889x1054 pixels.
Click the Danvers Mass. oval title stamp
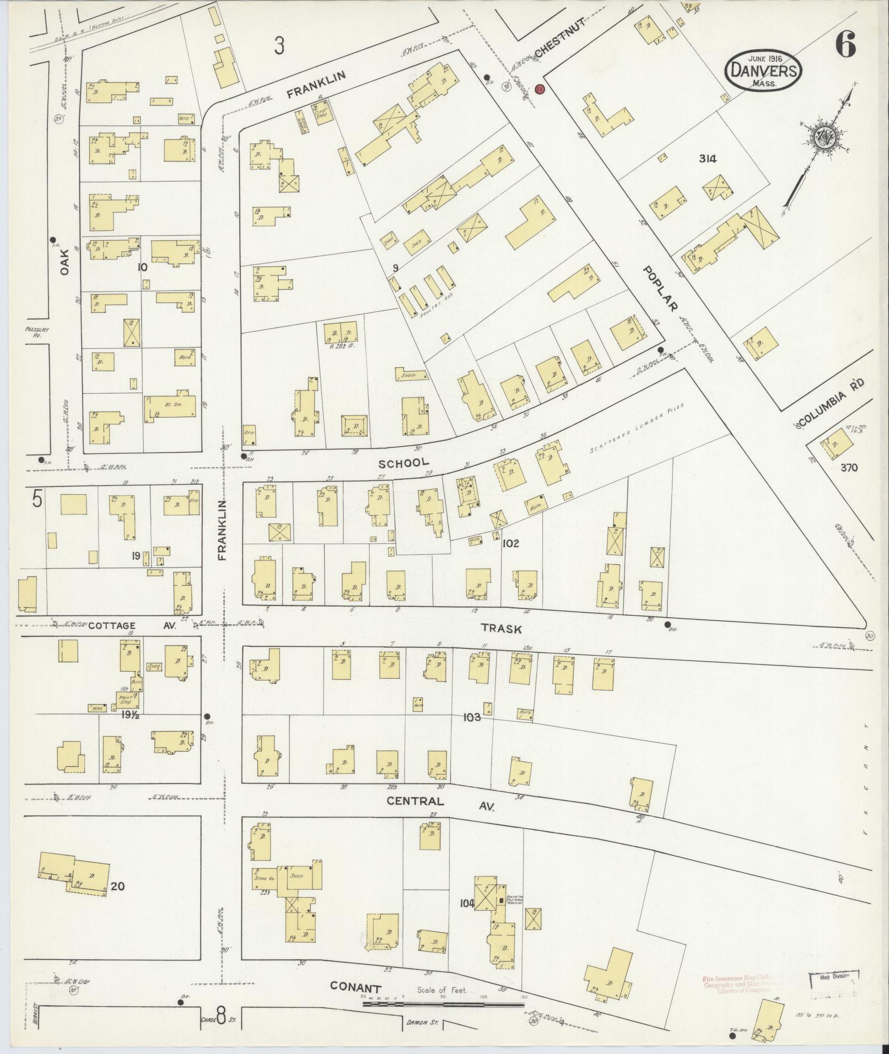[763, 71]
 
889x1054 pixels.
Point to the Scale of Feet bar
[443, 619]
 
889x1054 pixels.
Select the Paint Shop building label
[128, 701]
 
